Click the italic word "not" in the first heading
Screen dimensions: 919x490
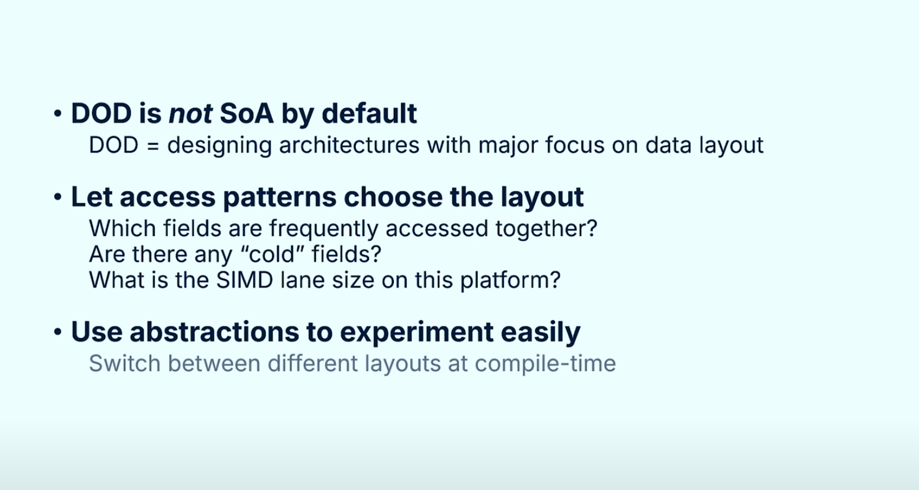click(190, 114)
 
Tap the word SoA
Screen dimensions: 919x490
click(246, 113)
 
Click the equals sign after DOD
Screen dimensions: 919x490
click(152, 145)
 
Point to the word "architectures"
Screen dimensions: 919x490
click(349, 145)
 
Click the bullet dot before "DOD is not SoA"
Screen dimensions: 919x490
click(57, 113)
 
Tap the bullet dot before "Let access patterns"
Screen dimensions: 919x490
click(57, 197)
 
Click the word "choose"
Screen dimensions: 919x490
click(393, 197)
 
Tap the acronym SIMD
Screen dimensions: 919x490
click(245, 280)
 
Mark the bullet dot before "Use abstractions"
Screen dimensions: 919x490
click(57, 332)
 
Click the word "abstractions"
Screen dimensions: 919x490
click(214, 332)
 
